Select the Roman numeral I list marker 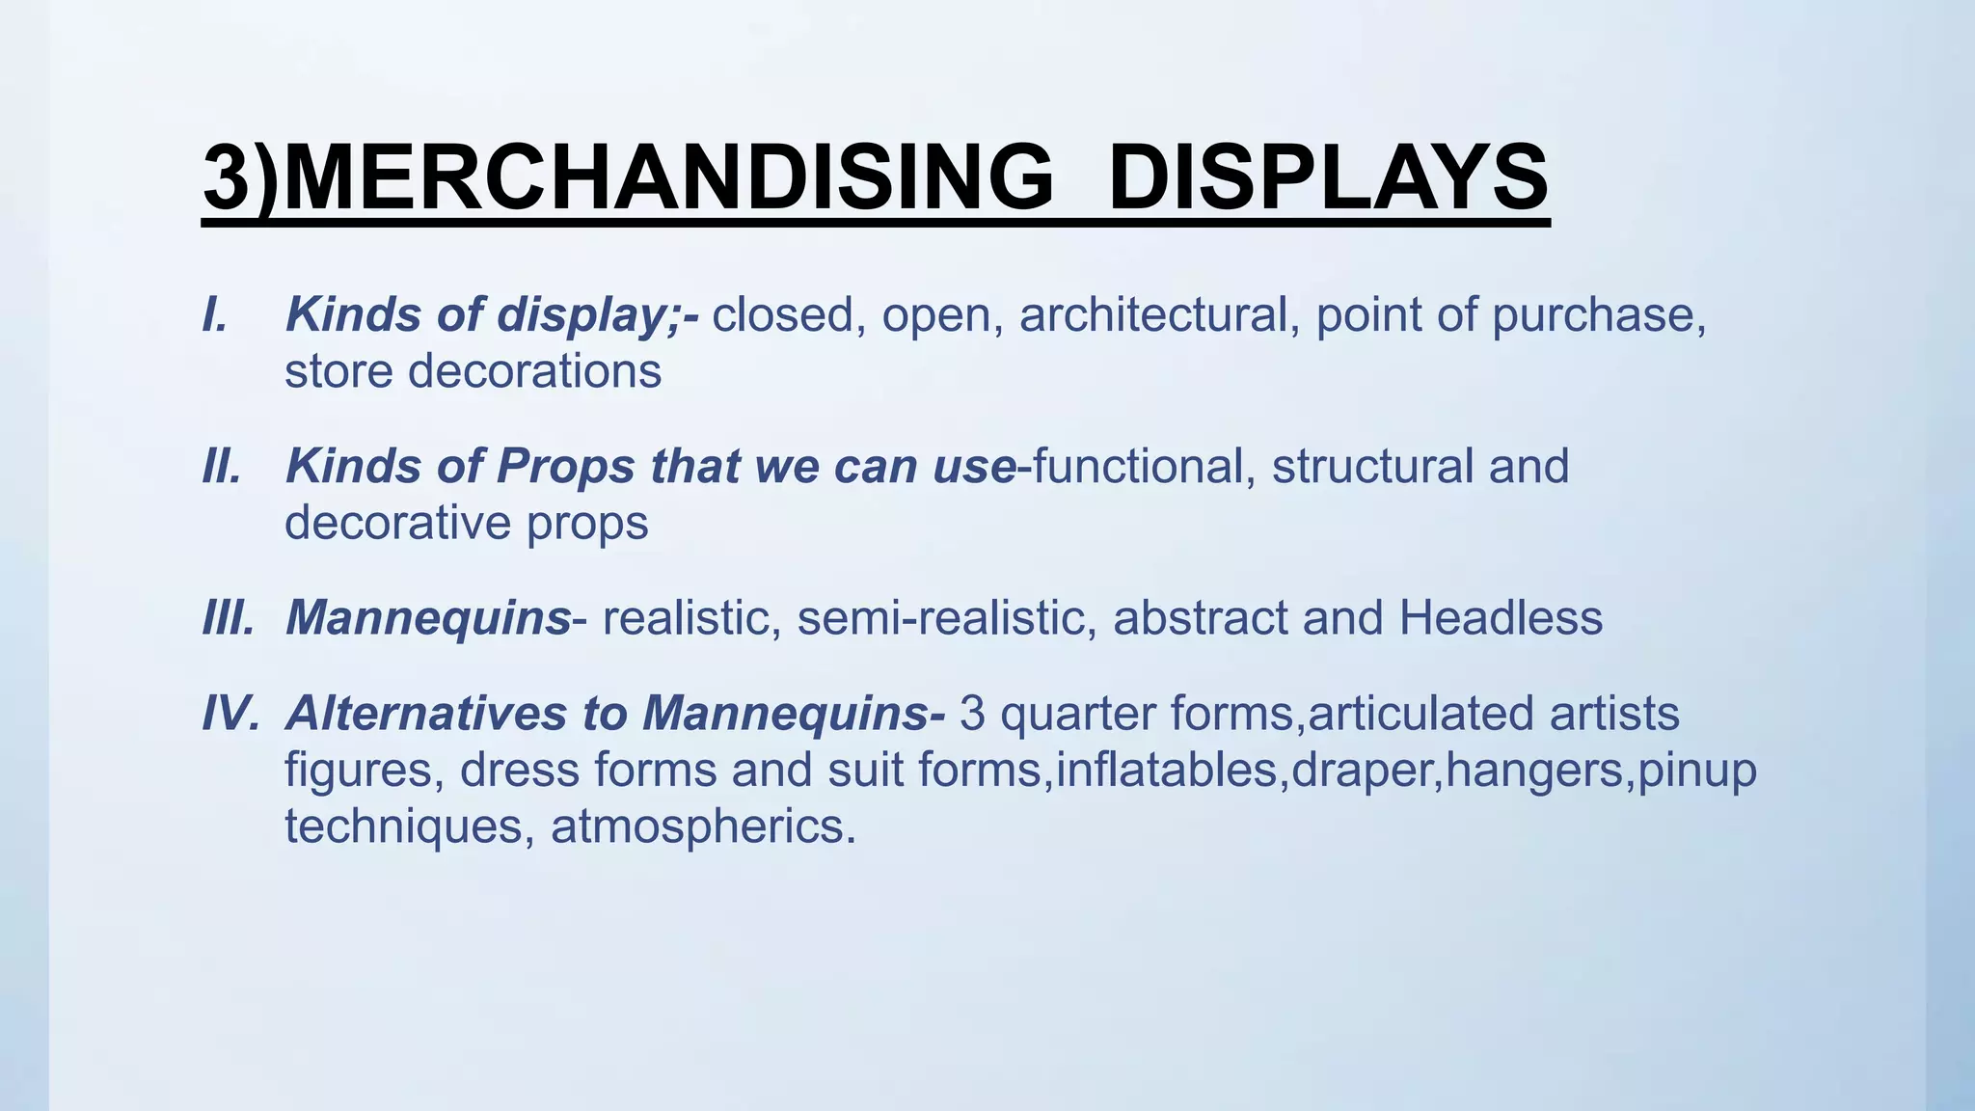215,314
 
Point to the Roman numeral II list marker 222,466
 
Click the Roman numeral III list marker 229,617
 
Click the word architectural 1153,314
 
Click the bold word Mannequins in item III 428,619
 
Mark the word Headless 1501,617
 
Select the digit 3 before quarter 972,714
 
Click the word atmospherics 703,826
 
